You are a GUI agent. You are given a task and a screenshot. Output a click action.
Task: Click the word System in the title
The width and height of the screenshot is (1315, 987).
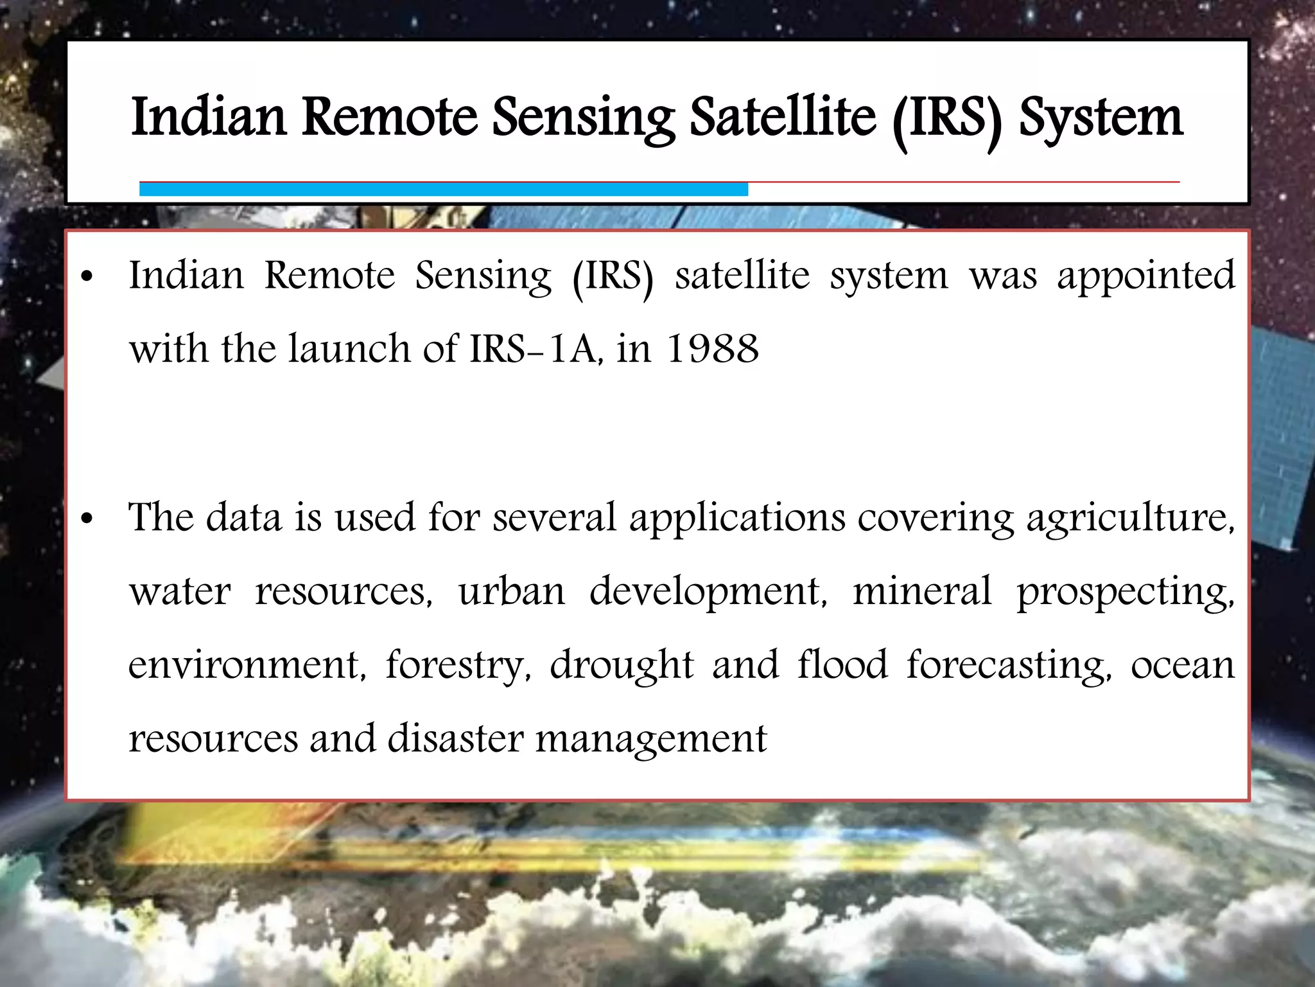(1101, 119)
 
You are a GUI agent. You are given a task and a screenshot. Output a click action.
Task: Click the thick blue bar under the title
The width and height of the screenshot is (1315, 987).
(443, 190)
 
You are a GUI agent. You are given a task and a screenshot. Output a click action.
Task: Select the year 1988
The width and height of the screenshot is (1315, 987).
(713, 350)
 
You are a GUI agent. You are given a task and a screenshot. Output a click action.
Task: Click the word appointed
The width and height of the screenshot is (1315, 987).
(1145, 277)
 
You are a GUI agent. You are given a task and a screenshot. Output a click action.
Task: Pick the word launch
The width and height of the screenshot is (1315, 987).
(349, 350)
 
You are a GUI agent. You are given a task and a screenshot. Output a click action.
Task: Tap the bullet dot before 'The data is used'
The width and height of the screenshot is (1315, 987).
(87, 519)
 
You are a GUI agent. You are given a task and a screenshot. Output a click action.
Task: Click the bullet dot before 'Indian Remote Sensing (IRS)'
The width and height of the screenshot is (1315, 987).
(87, 278)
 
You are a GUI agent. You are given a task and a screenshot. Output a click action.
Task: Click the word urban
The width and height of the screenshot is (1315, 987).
(511, 591)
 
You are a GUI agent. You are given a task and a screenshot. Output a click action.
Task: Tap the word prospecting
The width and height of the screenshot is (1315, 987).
(1124, 592)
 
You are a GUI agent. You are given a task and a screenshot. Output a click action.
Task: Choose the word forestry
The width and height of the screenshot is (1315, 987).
(457, 666)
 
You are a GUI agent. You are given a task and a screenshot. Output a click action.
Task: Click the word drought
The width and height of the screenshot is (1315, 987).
(622, 665)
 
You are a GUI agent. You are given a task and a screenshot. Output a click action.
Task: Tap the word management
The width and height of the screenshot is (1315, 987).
(650, 740)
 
